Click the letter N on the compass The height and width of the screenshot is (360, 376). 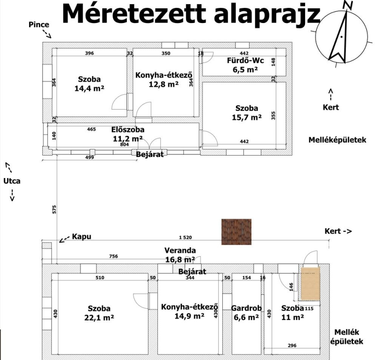tap(348, 5)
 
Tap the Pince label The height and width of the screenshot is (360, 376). tap(39, 24)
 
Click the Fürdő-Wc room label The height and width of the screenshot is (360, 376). tap(245, 60)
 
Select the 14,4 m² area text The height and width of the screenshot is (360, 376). tap(89, 88)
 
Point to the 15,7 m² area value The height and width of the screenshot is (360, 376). tap(246, 117)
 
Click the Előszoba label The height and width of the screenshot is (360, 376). tap(128, 130)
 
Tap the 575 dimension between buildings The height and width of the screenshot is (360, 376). tap(54, 210)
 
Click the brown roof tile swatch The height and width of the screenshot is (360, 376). tap(236, 232)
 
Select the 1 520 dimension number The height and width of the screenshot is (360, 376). tap(185, 237)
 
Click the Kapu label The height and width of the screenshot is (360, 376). tap(81, 236)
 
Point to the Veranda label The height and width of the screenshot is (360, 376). tap(180, 250)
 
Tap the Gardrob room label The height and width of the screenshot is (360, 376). tap(246, 308)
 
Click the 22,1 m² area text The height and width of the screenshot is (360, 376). tap(99, 318)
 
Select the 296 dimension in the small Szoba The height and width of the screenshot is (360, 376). tap(292, 345)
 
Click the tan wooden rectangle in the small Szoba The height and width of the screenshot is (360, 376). tap(310, 283)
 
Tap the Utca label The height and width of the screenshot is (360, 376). tap(12, 181)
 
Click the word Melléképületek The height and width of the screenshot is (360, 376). tap(337, 140)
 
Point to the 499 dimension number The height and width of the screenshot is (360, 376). tap(89, 157)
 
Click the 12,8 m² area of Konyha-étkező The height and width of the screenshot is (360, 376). tap(164, 84)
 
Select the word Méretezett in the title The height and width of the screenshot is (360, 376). tap(134, 14)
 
